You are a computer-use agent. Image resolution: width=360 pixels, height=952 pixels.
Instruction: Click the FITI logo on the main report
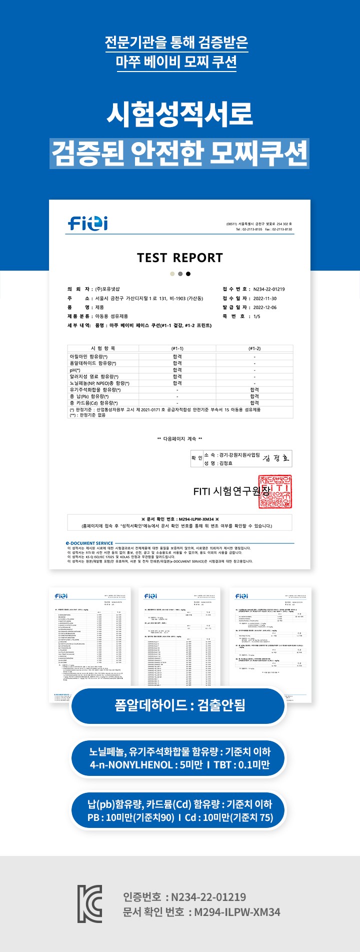(x=88, y=223)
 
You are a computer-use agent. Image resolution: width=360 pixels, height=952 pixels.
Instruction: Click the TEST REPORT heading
(x=179, y=258)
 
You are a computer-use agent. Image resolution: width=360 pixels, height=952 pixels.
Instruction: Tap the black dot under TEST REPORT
(x=188, y=274)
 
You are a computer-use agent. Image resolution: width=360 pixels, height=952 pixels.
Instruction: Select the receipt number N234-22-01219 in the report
(x=269, y=289)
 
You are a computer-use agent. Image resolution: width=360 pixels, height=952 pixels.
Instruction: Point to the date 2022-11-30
(x=264, y=298)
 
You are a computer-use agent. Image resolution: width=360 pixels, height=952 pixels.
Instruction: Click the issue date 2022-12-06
(x=264, y=307)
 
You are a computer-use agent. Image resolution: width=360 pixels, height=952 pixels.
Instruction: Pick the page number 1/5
(x=256, y=316)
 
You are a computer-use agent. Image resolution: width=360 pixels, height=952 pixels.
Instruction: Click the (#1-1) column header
(x=177, y=348)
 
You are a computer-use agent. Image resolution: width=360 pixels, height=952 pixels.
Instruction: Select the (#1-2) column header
(x=254, y=348)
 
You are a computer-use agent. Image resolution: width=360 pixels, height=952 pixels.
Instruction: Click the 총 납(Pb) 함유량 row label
(x=89, y=396)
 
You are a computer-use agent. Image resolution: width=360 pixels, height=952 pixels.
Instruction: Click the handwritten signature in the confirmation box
(x=276, y=458)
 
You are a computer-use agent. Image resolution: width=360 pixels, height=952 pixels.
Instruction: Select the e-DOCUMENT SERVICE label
(x=89, y=543)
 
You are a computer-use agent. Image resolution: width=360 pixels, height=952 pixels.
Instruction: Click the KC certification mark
(x=89, y=904)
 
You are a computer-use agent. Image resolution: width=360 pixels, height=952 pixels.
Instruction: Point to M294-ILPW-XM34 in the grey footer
(x=237, y=912)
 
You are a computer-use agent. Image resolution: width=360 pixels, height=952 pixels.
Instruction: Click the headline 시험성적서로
(x=179, y=114)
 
